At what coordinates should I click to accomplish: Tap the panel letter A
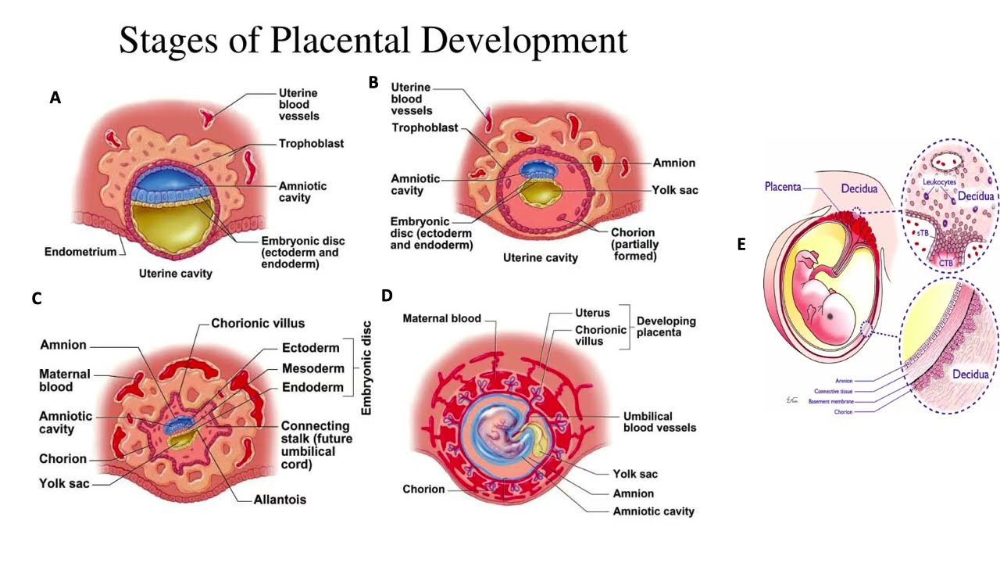coord(55,98)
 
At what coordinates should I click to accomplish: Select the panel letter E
coord(741,244)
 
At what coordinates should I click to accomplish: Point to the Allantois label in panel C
coord(280,499)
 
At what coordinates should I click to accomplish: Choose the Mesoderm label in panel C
coord(312,368)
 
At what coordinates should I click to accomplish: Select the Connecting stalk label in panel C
coord(316,445)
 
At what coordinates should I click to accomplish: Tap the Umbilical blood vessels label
coord(659,421)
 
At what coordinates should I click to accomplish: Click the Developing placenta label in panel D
coord(666,327)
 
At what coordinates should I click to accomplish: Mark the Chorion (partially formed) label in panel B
coord(633,244)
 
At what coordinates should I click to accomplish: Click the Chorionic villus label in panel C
coord(258,323)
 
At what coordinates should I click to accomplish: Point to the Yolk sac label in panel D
coord(635,474)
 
